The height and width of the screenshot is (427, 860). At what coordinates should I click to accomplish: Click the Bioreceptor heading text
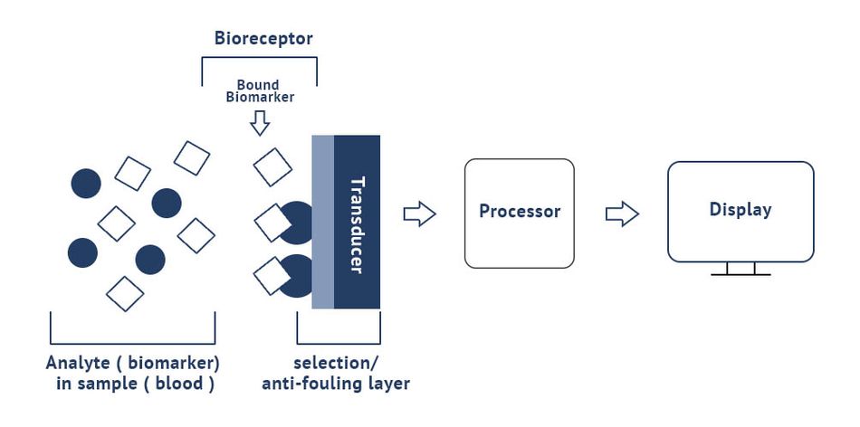pos(263,39)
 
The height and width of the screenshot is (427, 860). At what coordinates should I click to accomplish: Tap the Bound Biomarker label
pos(260,91)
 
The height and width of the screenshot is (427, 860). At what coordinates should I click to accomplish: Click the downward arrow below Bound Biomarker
pos(260,123)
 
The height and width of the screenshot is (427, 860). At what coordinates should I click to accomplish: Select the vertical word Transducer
pos(357,224)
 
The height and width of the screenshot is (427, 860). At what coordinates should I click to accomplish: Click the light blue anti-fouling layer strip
pos(323,222)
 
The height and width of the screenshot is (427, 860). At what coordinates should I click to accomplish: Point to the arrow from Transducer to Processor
pos(419,213)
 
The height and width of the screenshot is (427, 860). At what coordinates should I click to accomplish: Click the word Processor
pos(520,211)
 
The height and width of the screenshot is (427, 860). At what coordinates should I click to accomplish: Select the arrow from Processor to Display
pos(622,213)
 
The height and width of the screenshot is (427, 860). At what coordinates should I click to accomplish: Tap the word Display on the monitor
pos(741,210)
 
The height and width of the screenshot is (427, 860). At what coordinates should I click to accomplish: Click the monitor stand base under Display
pos(741,274)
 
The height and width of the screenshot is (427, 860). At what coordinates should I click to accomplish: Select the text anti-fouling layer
pos(336,384)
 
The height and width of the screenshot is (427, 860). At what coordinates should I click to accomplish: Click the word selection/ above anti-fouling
pos(336,364)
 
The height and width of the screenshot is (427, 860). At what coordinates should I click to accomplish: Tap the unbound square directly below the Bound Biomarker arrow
pos(272,166)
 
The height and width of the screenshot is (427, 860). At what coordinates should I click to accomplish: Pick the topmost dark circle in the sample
pos(86,183)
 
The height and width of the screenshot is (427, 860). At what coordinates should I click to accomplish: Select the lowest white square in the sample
pos(125,294)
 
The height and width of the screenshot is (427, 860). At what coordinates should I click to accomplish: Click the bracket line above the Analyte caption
pos(133,328)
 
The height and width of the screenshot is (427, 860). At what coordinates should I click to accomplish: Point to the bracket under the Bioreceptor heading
pos(260,57)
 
